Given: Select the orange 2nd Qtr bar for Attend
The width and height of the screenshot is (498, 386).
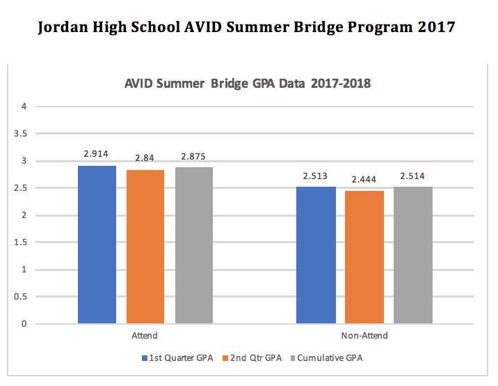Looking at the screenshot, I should [x=145, y=247].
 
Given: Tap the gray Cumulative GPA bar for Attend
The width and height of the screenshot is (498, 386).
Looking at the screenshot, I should [x=194, y=245].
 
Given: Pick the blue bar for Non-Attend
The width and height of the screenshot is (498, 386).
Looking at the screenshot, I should [x=316, y=255].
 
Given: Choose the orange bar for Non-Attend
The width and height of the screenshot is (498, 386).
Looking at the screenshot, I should [x=364, y=257].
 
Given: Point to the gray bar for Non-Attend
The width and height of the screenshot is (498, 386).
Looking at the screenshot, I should [x=413, y=255].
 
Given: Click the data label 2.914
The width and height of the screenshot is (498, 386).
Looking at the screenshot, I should [x=97, y=152].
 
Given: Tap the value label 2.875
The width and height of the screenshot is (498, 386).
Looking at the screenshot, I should [x=194, y=157].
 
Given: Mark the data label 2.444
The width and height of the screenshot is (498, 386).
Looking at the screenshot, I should [x=364, y=180].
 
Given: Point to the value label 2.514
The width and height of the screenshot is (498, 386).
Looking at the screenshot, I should [x=413, y=176].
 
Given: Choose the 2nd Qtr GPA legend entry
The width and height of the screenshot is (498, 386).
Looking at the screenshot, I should [x=252, y=358].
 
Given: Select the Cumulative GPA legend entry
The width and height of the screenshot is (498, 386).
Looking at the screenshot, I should [x=326, y=358].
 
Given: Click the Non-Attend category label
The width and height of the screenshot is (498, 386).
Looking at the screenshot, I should [x=364, y=336].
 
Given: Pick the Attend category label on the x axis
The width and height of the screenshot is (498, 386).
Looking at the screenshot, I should [x=145, y=336].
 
